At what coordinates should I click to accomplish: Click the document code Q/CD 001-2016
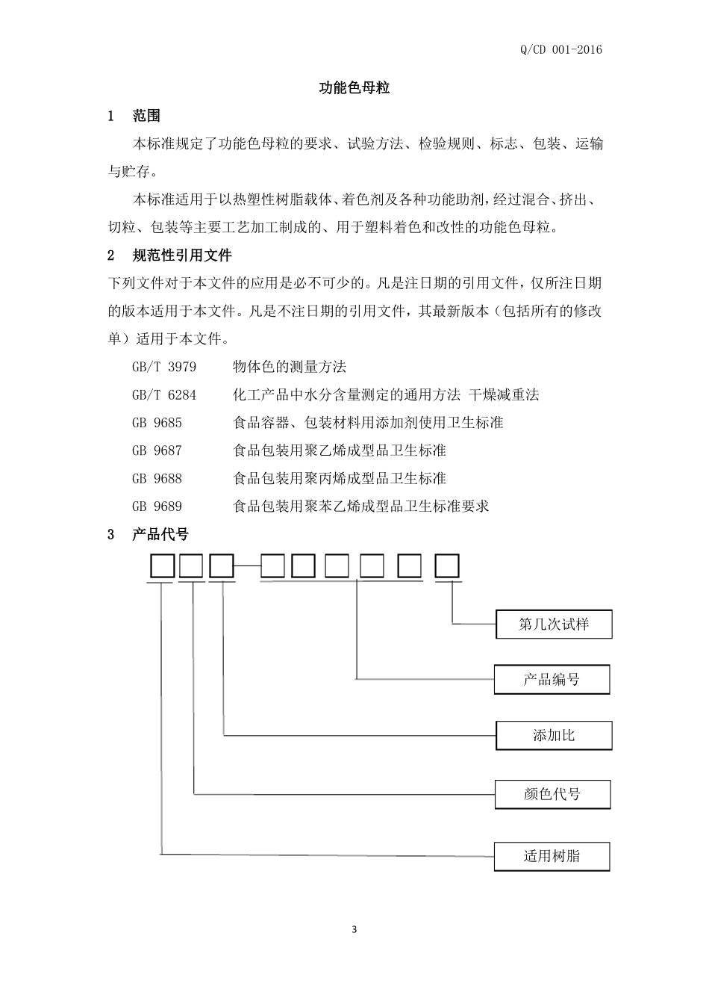[x=560, y=50]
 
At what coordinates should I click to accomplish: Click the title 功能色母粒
[x=354, y=88]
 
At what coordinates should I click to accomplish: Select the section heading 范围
[x=146, y=116]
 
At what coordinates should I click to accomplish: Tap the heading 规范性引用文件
[x=182, y=255]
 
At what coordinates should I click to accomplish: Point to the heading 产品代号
[x=160, y=534]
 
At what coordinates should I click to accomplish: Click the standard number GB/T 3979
[x=164, y=367]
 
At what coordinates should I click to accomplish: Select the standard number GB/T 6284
[x=164, y=394]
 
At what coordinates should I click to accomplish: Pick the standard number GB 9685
[x=157, y=423]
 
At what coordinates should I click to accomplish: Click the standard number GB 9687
[x=157, y=450]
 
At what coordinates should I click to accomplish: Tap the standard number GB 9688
[x=157, y=478]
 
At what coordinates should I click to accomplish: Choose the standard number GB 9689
[x=157, y=506]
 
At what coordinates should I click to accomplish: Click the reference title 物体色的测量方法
[x=290, y=367]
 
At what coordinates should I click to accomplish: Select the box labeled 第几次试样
[x=554, y=625]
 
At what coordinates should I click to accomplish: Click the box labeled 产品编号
[x=552, y=680]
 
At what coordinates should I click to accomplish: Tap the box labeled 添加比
[x=554, y=736]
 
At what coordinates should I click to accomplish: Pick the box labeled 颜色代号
[x=552, y=794]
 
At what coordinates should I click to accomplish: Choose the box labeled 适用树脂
[x=552, y=856]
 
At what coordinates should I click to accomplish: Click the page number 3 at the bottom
[x=354, y=930]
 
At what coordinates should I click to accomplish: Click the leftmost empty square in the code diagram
[x=162, y=566]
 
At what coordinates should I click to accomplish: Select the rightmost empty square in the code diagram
[x=447, y=566]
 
